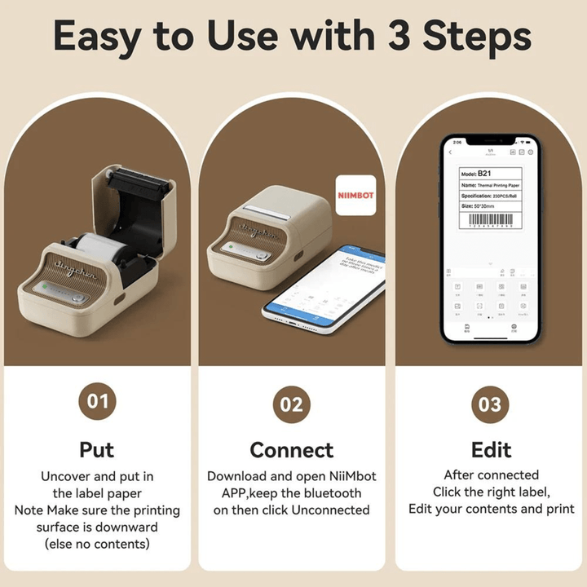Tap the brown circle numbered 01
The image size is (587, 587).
(x=97, y=403)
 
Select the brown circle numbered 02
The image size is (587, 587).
(x=291, y=404)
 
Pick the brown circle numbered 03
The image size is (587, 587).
(x=491, y=404)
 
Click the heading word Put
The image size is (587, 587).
(x=97, y=449)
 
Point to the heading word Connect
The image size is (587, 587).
(x=291, y=449)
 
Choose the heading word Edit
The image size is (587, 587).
(x=491, y=449)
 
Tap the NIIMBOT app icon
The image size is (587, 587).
(x=356, y=196)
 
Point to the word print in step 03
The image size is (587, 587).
(x=559, y=509)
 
